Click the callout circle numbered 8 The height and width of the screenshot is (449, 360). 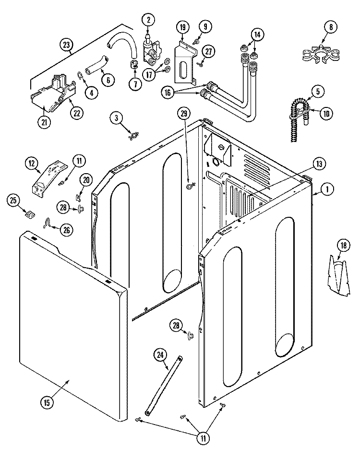pos(331,27)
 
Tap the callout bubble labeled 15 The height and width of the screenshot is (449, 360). pos(47,403)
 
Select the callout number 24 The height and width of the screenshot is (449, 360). pos(160,355)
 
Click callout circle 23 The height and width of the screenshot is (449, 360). pos(66,45)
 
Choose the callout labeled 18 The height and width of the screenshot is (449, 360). pos(343,246)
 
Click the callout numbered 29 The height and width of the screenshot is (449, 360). pos(184,113)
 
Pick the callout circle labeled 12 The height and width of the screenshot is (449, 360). pos(32,164)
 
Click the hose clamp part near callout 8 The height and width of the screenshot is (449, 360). pos(321,54)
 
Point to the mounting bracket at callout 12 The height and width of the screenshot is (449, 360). pos(49,179)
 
